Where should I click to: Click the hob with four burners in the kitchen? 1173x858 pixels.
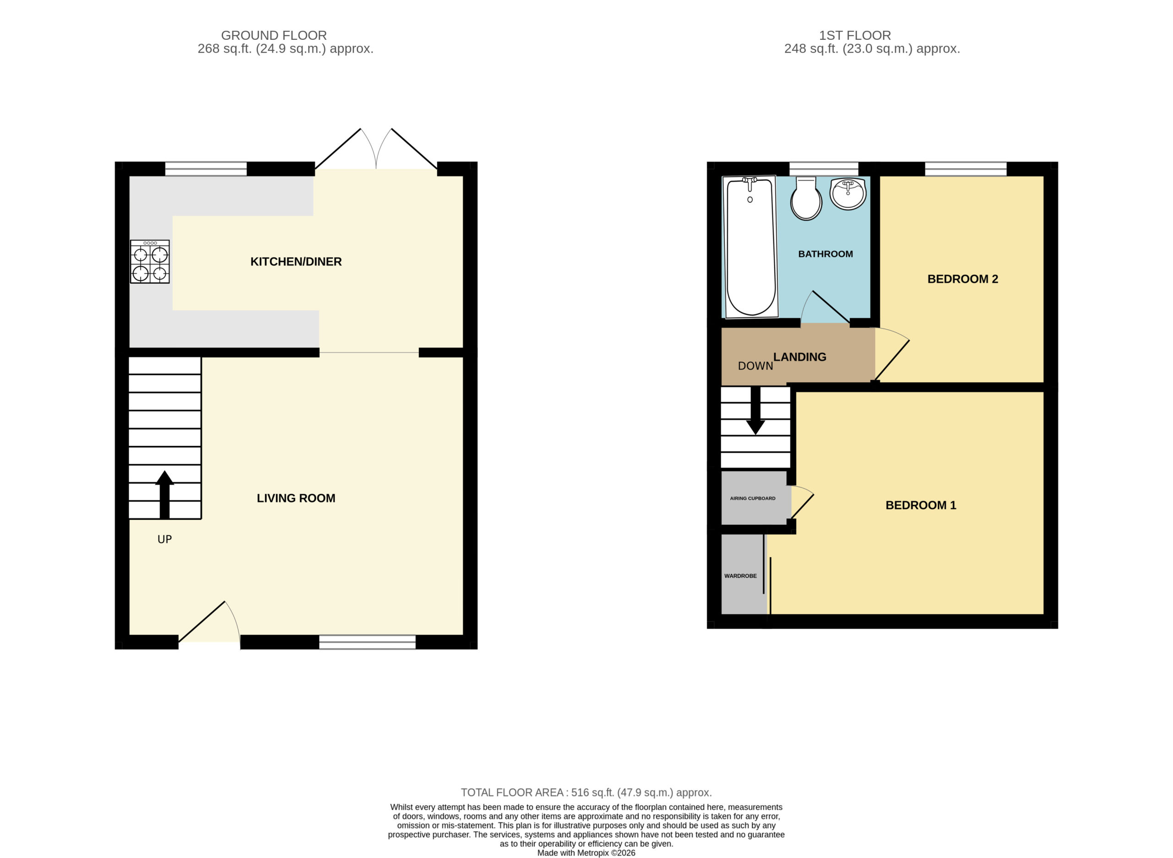click(x=149, y=261)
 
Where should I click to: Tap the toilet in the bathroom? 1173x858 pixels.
click(x=806, y=198)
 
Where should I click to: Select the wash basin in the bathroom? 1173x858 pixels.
click(x=848, y=193)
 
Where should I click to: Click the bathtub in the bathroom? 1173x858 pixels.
click(x=751, y=247)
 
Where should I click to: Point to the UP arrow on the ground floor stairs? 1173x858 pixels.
click(x=164, y=495)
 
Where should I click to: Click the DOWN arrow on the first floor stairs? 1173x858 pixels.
click(x=756, y=410)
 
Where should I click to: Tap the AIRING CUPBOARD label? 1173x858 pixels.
click(x=752, y=499)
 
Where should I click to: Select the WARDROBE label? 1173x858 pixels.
click(x=740, y=576)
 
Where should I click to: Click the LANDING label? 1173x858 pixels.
click(x=800, y=357)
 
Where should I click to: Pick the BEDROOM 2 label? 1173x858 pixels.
click(x=963, y=279)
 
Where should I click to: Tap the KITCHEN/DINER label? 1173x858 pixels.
click(x=296, y=262)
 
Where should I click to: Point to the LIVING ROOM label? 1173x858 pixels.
click(x=296, y=498)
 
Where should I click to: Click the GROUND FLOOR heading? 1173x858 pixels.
click(x=274, y=35)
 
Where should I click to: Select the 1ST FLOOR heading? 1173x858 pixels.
click(x=855, y=35)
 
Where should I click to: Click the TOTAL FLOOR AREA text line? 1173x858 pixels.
click(x=586, y=792)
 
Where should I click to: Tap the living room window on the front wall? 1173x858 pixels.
click(x=367, y=643)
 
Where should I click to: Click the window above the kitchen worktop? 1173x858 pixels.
click(x=206, y=169)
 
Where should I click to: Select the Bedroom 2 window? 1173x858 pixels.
click(x=966, y=169)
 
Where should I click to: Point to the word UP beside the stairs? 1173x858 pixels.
click(x=164, y=539)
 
